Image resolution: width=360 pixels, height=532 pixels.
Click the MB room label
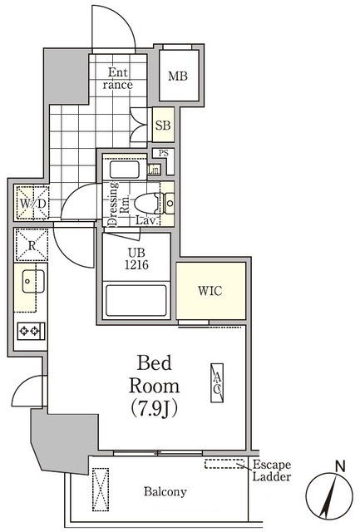[x=178, y=76]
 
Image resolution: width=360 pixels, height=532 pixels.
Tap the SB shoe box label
[x=163, y=126]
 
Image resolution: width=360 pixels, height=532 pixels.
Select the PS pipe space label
[x=164, y=153]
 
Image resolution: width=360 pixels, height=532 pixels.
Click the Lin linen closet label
[x=154, y=170]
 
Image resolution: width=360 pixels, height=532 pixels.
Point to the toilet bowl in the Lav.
[x=146, y=204]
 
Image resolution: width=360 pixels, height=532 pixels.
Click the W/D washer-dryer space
[x=32, y=204]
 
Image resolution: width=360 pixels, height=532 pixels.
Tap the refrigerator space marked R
[x=32, y=245]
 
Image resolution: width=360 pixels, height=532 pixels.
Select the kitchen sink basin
[x=32, y=281]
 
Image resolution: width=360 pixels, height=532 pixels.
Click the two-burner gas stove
[x=32, y=331]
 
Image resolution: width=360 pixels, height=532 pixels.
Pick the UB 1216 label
[x=136, y=259]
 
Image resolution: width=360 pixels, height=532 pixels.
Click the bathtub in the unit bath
[x=136, y=301]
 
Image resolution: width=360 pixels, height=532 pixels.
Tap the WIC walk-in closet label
[x=210, y=291]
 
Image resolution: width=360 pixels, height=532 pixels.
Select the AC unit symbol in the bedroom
[x=217, y=382]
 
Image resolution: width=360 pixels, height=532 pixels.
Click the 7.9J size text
[x=155, y=408]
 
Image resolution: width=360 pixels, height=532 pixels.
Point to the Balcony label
[x=165, y=491]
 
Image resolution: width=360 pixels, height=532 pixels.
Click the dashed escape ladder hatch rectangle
[x=224, y=464]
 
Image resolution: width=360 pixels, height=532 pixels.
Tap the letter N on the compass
[x=340, y=467]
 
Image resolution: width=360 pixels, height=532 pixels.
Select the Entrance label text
[x=118, y=78]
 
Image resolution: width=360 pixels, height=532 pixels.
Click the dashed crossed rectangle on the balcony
[x=101, y=490]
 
